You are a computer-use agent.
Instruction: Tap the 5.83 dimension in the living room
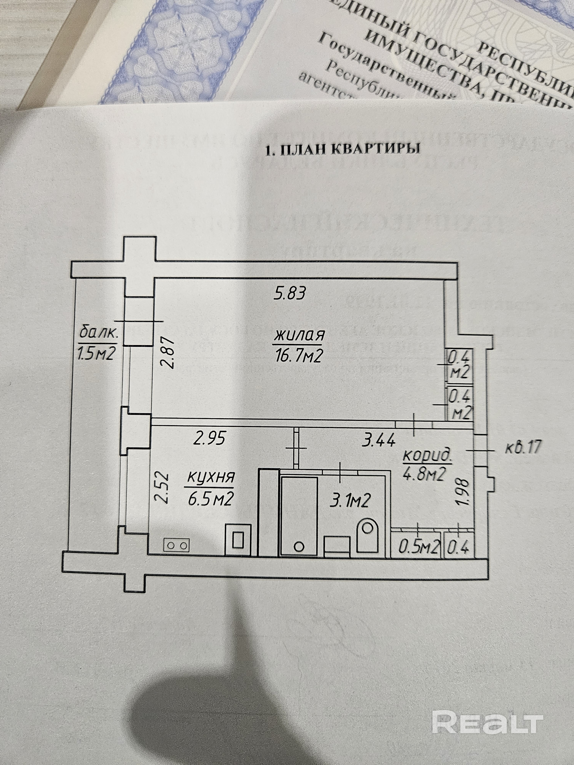[x=290, y=294]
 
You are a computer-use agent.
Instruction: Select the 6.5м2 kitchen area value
[x=210, y=499]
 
